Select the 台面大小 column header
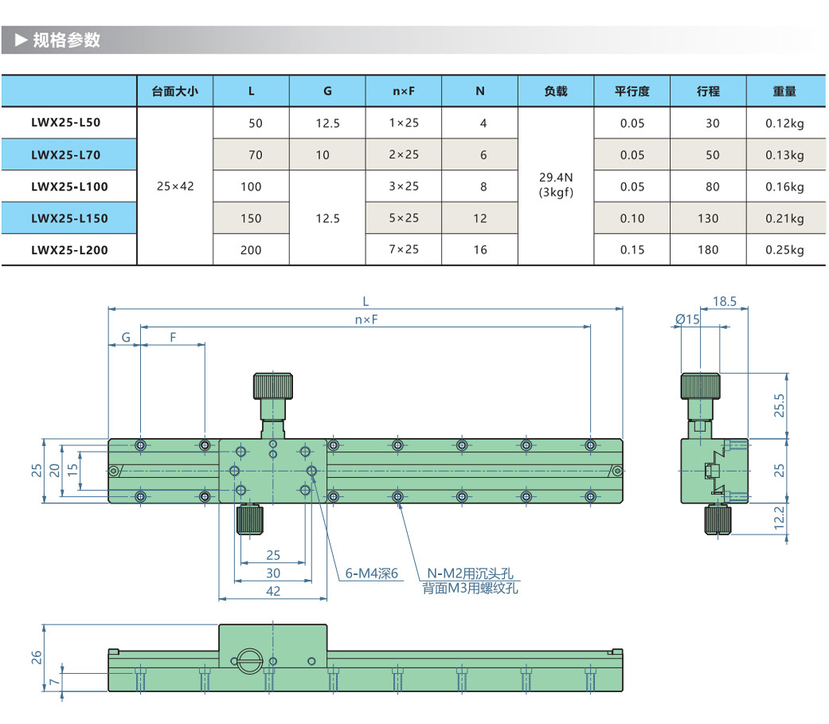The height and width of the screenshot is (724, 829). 175,91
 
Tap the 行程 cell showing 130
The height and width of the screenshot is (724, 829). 708,218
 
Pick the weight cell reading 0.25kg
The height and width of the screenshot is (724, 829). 784,249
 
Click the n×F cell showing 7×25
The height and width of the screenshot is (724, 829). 404,249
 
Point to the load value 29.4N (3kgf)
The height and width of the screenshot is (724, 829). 556,186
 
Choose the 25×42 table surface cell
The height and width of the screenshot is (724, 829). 175,186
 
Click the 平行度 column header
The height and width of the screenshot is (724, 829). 632,91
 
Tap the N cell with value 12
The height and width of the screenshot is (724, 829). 479,218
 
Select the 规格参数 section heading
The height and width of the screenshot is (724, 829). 67,40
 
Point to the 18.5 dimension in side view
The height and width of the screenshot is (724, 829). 724,302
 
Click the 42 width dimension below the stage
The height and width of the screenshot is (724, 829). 273,590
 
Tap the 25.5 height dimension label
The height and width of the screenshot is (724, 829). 780,405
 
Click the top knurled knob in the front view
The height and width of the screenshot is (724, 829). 273,387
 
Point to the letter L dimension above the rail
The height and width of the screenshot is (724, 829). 366,302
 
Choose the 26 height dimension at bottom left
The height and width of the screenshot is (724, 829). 36,657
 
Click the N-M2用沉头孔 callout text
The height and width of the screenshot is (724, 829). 471,573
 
